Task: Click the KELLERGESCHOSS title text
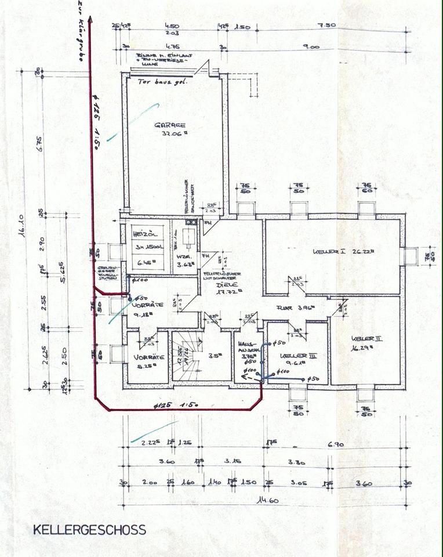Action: click(x=89, y=530)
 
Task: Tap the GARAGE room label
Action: click(x=170, y=125)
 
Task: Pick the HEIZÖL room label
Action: click(x=143, y=234)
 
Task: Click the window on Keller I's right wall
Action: click(x=411, y=256)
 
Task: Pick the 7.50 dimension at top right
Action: click(x=328, y=26)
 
